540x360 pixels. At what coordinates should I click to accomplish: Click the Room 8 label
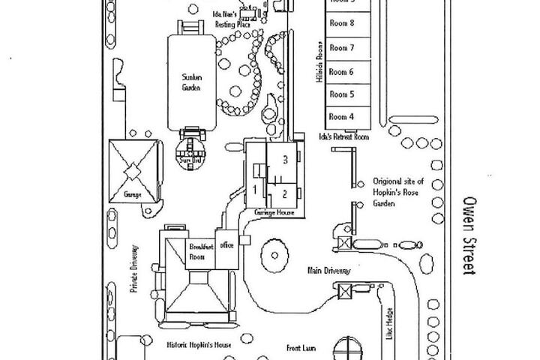tap(341, 23)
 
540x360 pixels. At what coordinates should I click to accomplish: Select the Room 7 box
tap(341, 48)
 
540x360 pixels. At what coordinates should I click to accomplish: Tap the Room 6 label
tap(341, 72)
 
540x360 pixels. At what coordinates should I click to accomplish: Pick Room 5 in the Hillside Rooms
tap(341, 94)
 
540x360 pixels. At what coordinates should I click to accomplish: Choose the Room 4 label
tap(341, 117)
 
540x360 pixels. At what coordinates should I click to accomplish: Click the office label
tap(227, 245)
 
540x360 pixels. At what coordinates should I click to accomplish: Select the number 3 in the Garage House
tap(285, 159)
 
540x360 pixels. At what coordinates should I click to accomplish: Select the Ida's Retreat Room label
tap(344, 137)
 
